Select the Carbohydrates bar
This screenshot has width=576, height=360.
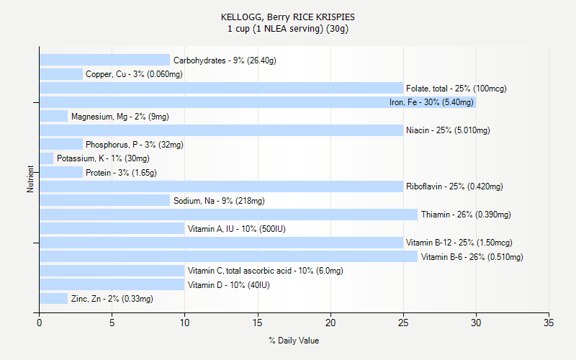tap(104, 60)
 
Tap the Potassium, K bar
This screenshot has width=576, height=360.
tap(46, 158)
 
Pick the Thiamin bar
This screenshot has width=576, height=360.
tap(228, 215)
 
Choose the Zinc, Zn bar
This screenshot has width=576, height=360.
tap(53, 299)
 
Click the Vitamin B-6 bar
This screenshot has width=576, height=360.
tap(228, 256)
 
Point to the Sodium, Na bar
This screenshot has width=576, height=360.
tap(104, 201)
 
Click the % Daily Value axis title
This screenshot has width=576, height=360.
tap(294, 341)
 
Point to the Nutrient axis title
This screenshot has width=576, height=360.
tap(30, 179)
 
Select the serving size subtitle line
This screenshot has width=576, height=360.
tap(288, 29)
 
